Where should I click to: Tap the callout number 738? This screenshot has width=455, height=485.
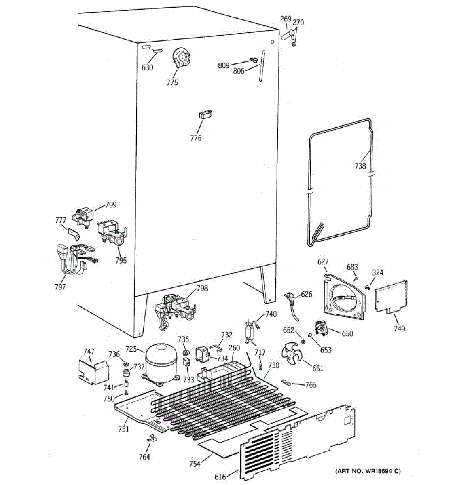click(360, 166)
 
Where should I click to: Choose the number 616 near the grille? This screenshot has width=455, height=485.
click(220, 477)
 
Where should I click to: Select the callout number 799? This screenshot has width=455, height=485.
click(110, 205)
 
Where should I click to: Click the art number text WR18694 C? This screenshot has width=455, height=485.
click(368, 471)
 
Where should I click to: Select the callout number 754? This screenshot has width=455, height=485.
click(195, 464)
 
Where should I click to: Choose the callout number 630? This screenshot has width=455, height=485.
click(147, 67)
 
